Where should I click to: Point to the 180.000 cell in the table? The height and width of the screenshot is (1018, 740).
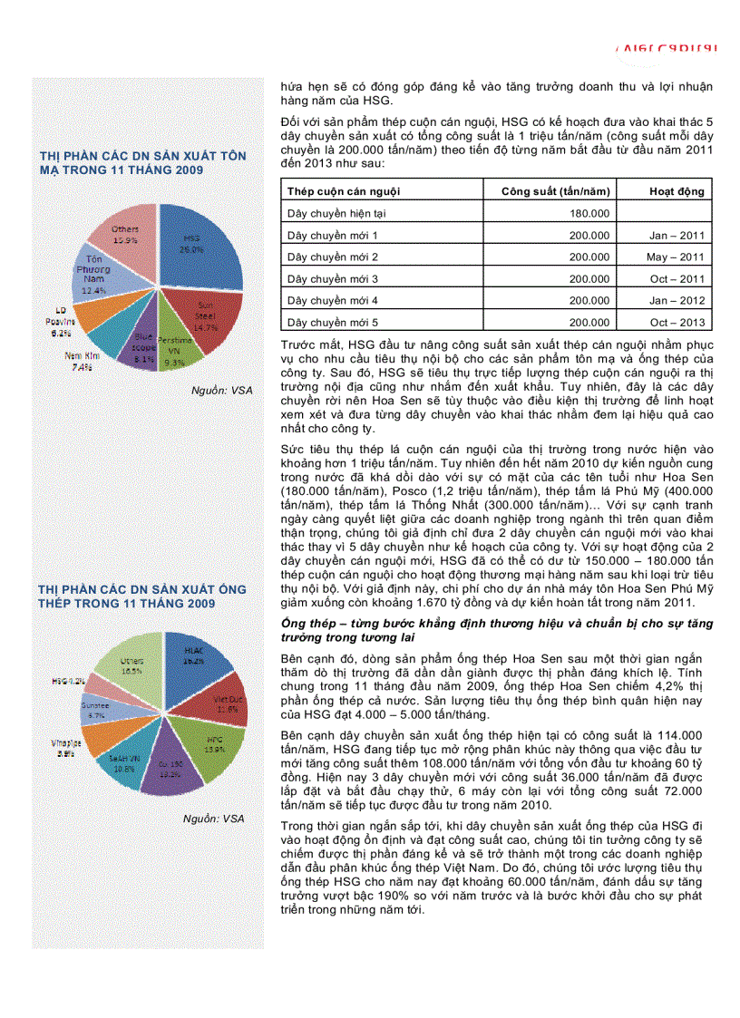coord(589,213)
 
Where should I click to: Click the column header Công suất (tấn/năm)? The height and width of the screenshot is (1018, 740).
coord(555,191)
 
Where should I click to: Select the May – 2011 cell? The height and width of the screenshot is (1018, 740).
coord(675,257)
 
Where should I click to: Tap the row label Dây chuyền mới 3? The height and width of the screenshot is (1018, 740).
coord(332,279)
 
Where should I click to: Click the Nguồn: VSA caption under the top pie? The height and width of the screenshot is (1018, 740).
coord(221,390)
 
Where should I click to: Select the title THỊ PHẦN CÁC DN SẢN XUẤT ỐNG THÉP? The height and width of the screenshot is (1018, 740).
coord(141,596)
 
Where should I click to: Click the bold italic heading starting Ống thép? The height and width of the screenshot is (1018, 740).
coord(496,631)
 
